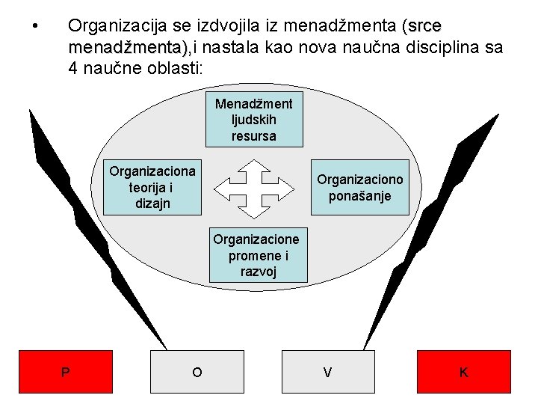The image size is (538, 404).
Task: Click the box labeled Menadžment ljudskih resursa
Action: pos(254,119)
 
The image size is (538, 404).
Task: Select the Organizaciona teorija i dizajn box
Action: pos(152,187)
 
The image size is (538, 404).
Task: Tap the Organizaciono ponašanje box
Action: pos(360,188)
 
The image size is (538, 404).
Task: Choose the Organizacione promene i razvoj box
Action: pos(256,255)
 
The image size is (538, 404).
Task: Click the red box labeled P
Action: pos(66,372)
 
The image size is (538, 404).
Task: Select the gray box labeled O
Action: pos(197,372)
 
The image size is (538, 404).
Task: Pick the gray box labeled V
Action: pos(327,372)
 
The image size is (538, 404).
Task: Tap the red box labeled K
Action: pos(464,372)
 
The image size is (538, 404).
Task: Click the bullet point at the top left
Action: pos(36,27)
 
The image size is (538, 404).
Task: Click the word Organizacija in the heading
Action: pos(111,27)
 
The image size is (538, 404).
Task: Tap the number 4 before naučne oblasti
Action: pos(72,69)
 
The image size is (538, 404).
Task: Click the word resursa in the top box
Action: pos(254,136)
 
